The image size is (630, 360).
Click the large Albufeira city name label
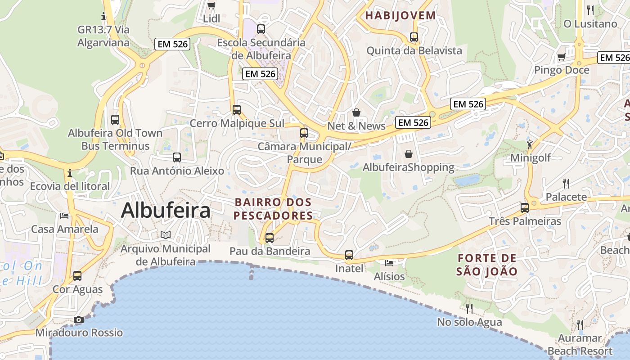pyautogui.click(x=166, y=210)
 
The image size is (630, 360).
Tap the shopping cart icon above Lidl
pyautogui.click(x=211, y=5)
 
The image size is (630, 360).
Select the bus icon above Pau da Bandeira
pyautogui.click(x=270, y=238)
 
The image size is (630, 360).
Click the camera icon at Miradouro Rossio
pyautogui.click(x=79, y=319)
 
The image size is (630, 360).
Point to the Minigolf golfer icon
pyautogui.click(x=530, y=144)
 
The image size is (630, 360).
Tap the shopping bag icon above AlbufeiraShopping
pyautogui.click(x=409, y=154)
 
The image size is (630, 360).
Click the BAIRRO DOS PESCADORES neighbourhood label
pyautogui.click(x=273, y=209)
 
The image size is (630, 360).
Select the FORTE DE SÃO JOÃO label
pyautogui.click(x=487, y=265)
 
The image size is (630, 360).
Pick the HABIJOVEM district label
pyautogui.click(x=400, y=16)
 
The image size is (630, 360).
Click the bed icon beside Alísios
pyautogui.click(x=389, y=263)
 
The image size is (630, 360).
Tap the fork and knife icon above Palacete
pyautogui.click(x=566, y=183)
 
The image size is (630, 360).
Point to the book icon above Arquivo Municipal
pyautogui.click(x=166, y=235)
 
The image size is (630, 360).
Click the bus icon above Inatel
pyautogui.click(x=349, y=255)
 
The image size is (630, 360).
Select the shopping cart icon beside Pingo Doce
pyautogui.click(x=561, y=57)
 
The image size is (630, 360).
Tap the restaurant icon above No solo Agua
pyautogui.click(x=469, y=308)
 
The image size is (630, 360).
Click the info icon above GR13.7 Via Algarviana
pyautogui.click(x=104, y=17)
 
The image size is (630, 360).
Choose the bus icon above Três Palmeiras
pyautogui.click(x=525, y=207)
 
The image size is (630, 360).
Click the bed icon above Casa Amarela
pyautogui.click(x=64, y=216)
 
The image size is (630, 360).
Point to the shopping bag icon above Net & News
pyautogui.click(x=356, y=112)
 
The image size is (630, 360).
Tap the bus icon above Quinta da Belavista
pyautogui.click(x=414, y=37)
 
